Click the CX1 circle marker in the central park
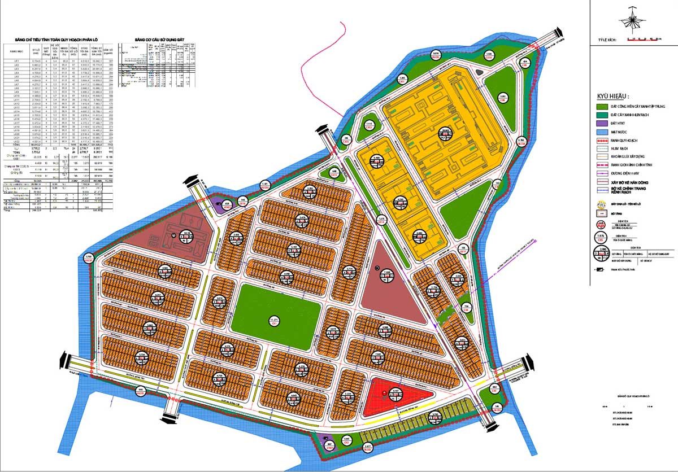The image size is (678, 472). coord(275,321)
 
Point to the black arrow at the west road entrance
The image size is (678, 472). coord(63,360)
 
